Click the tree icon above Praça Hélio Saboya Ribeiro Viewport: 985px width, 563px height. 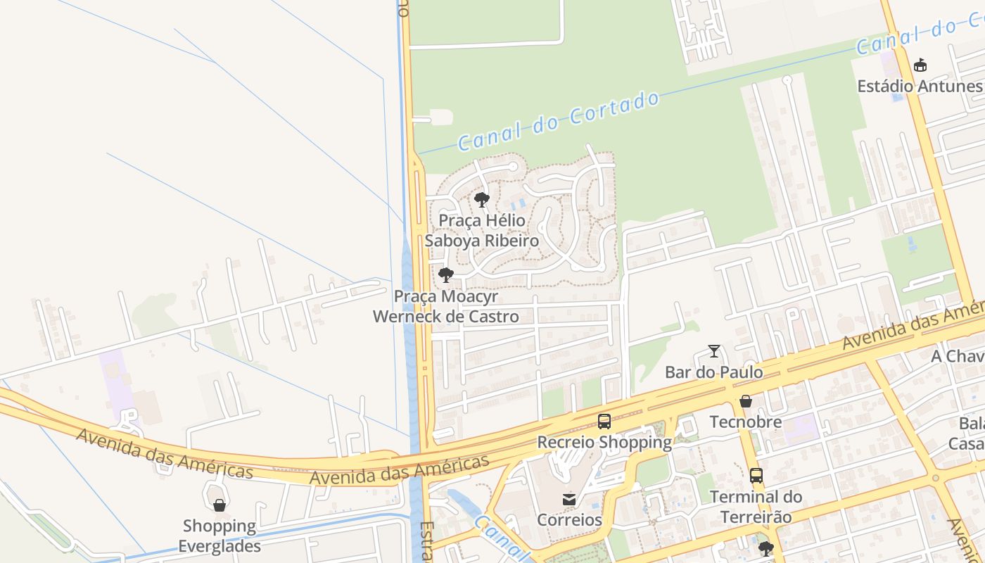(x=482, y=200)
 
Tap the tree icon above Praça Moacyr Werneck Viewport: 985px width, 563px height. (x=445, y=275)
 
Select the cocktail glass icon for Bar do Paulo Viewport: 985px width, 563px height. (x=714, y=350)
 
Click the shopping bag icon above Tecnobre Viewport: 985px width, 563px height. (x=746, y=401)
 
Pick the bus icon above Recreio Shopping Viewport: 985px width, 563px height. (x=604, y=422)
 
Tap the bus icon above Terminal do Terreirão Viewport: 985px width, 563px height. (x=756, y=476)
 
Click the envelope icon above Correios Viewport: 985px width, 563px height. (x=569, y=499)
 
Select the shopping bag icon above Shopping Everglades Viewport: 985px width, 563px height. (x=220, y=505)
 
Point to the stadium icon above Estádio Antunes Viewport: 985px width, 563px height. (x=920, y=65)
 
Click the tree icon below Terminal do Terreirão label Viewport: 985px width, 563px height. (x=766, y=548)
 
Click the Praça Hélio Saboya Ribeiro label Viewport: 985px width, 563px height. (x=482, y=231)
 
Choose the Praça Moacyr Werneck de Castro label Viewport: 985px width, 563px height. (x=446, y=306)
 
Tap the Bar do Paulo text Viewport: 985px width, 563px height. (x=714, y=372)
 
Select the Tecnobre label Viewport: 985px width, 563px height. (x=746, y=422)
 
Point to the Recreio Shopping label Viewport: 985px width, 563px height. (x=604, y=443)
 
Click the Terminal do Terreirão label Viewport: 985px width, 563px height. (x=756, y=507)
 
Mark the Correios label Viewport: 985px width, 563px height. (x=569, y=520)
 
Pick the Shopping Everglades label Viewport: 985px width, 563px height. (x=220, y=536)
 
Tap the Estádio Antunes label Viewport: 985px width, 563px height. (x=920, y=87)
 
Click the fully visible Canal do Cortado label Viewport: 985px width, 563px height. (x=559, y=121)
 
